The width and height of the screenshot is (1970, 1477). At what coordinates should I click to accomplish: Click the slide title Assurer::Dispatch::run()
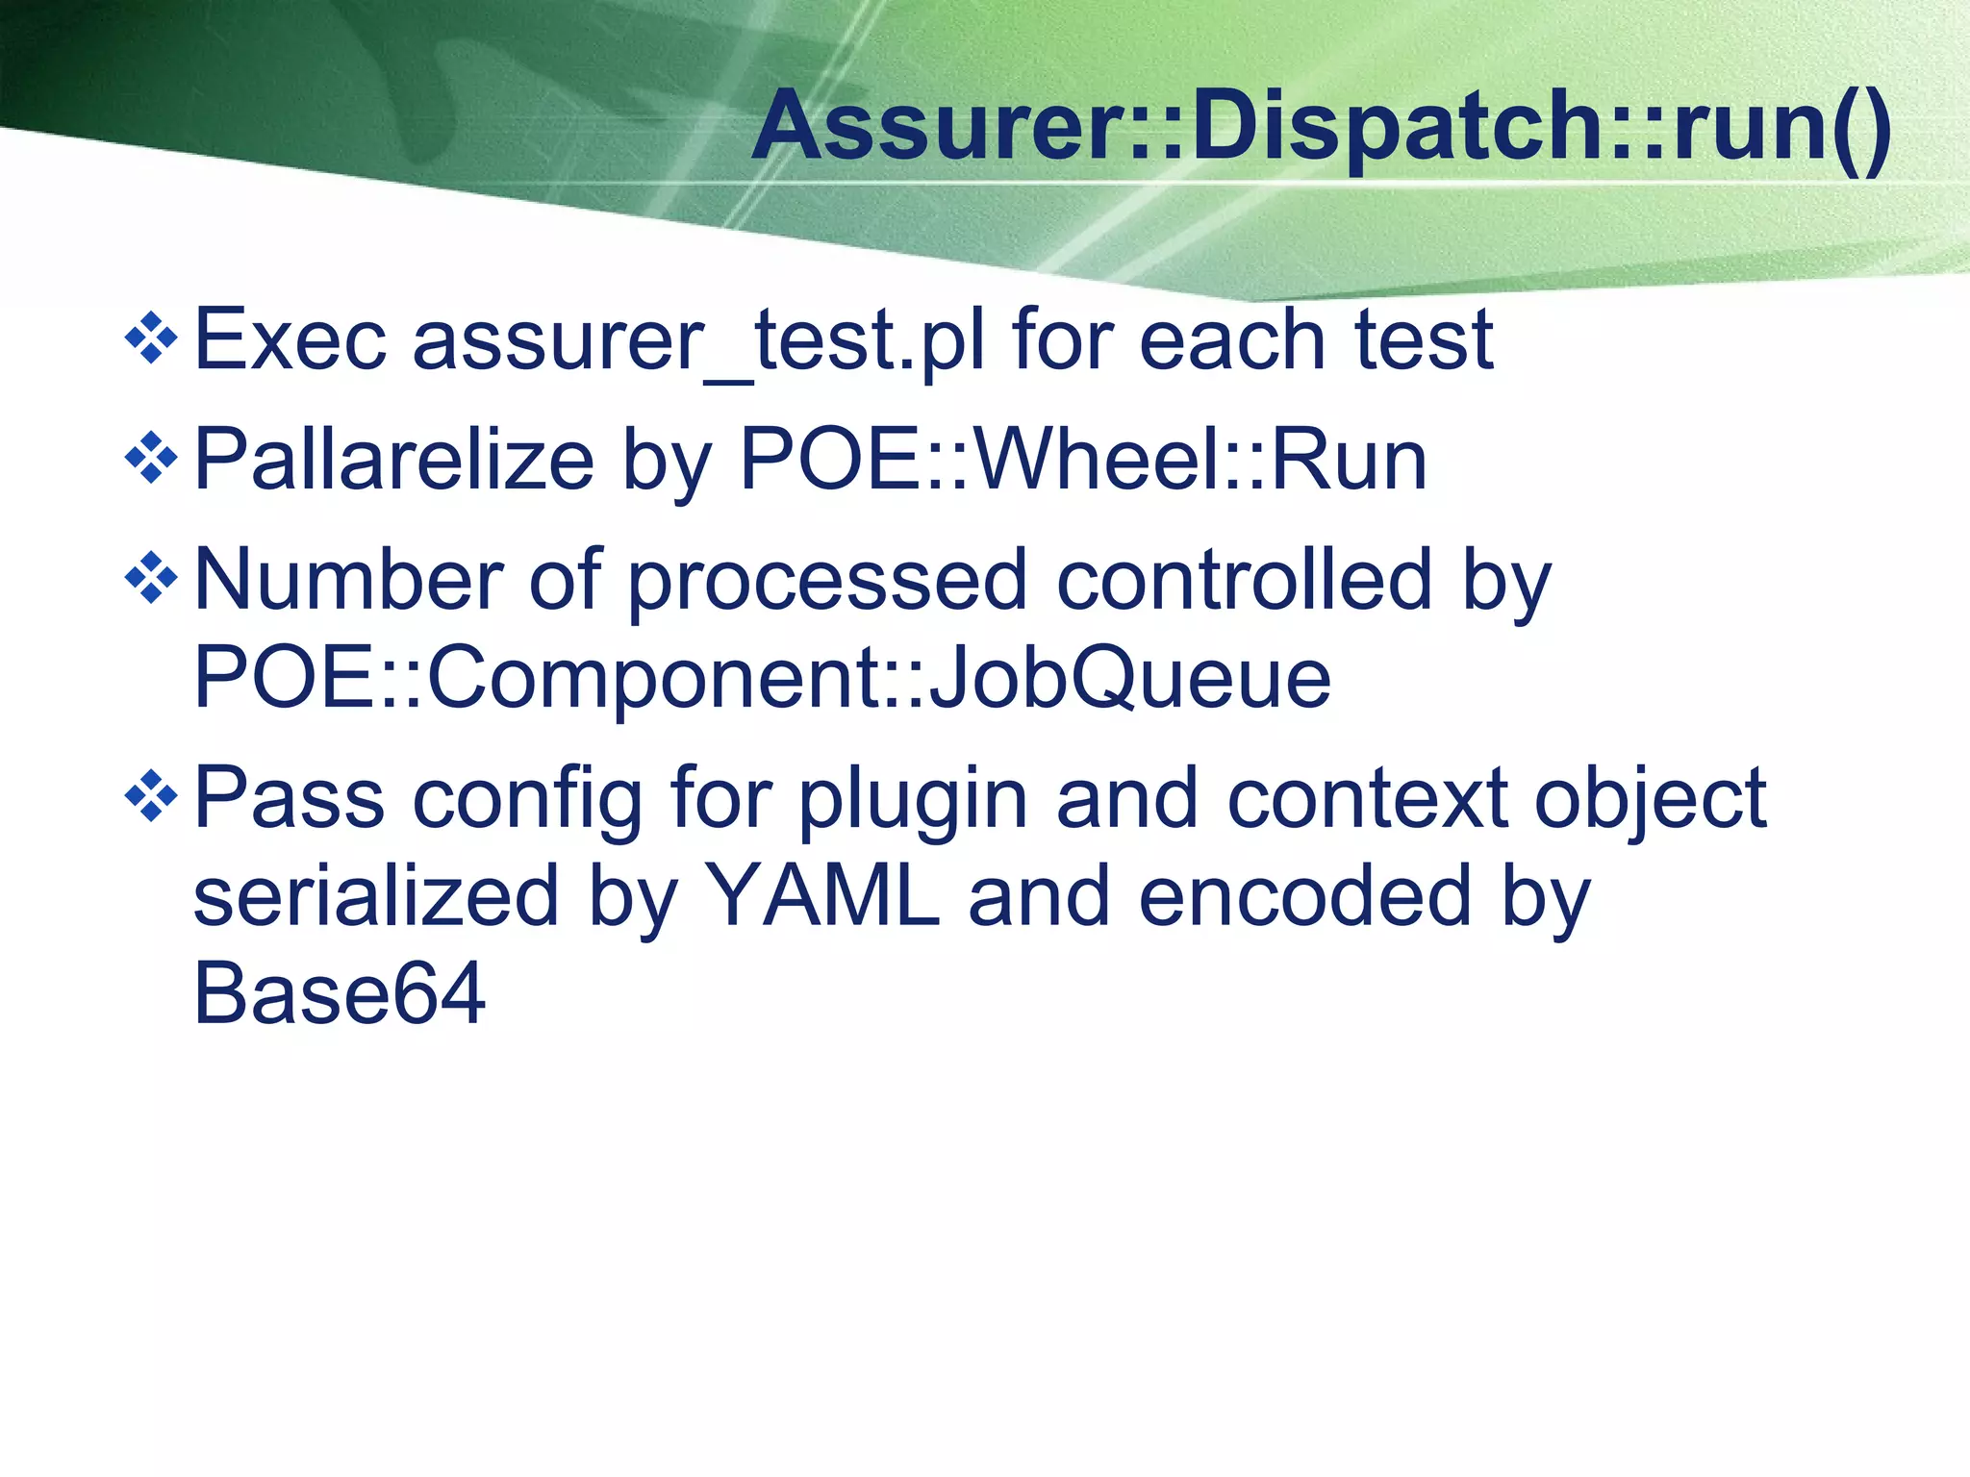(1322, 128)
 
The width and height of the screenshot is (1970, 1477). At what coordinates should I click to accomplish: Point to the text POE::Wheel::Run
(1083, 461)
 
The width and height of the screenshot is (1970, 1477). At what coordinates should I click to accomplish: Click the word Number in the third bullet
(348, 580)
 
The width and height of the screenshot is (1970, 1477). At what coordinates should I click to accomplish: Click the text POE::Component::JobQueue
(762, 679)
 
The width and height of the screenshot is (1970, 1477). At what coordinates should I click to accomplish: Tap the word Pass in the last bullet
(290, 797)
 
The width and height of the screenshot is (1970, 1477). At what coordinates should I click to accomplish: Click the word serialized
(376, 896)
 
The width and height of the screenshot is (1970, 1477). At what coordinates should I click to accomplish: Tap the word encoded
(1305, 896)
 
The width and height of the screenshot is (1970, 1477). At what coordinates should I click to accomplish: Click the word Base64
(340, 994)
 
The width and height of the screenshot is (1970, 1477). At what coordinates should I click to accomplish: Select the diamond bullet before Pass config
(152, 796)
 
